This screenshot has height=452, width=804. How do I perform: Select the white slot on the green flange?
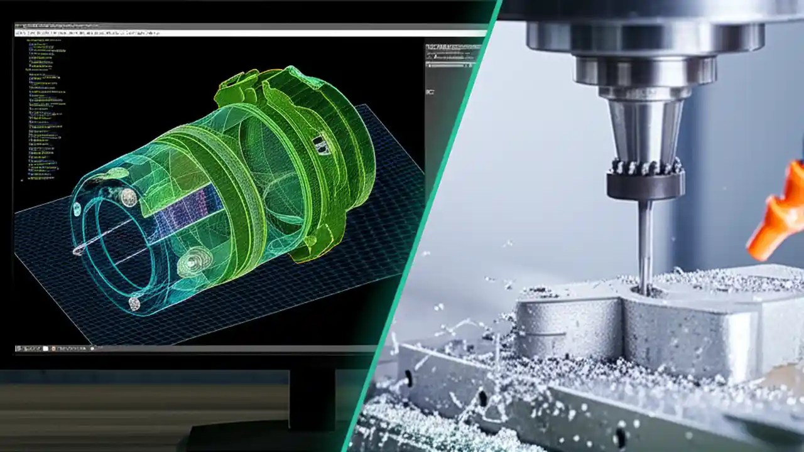click(322, 145)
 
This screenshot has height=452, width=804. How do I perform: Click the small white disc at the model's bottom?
click(134, 303)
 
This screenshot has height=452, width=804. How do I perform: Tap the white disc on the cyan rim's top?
click(128, 197)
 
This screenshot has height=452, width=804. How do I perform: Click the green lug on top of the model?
click(236, 88)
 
